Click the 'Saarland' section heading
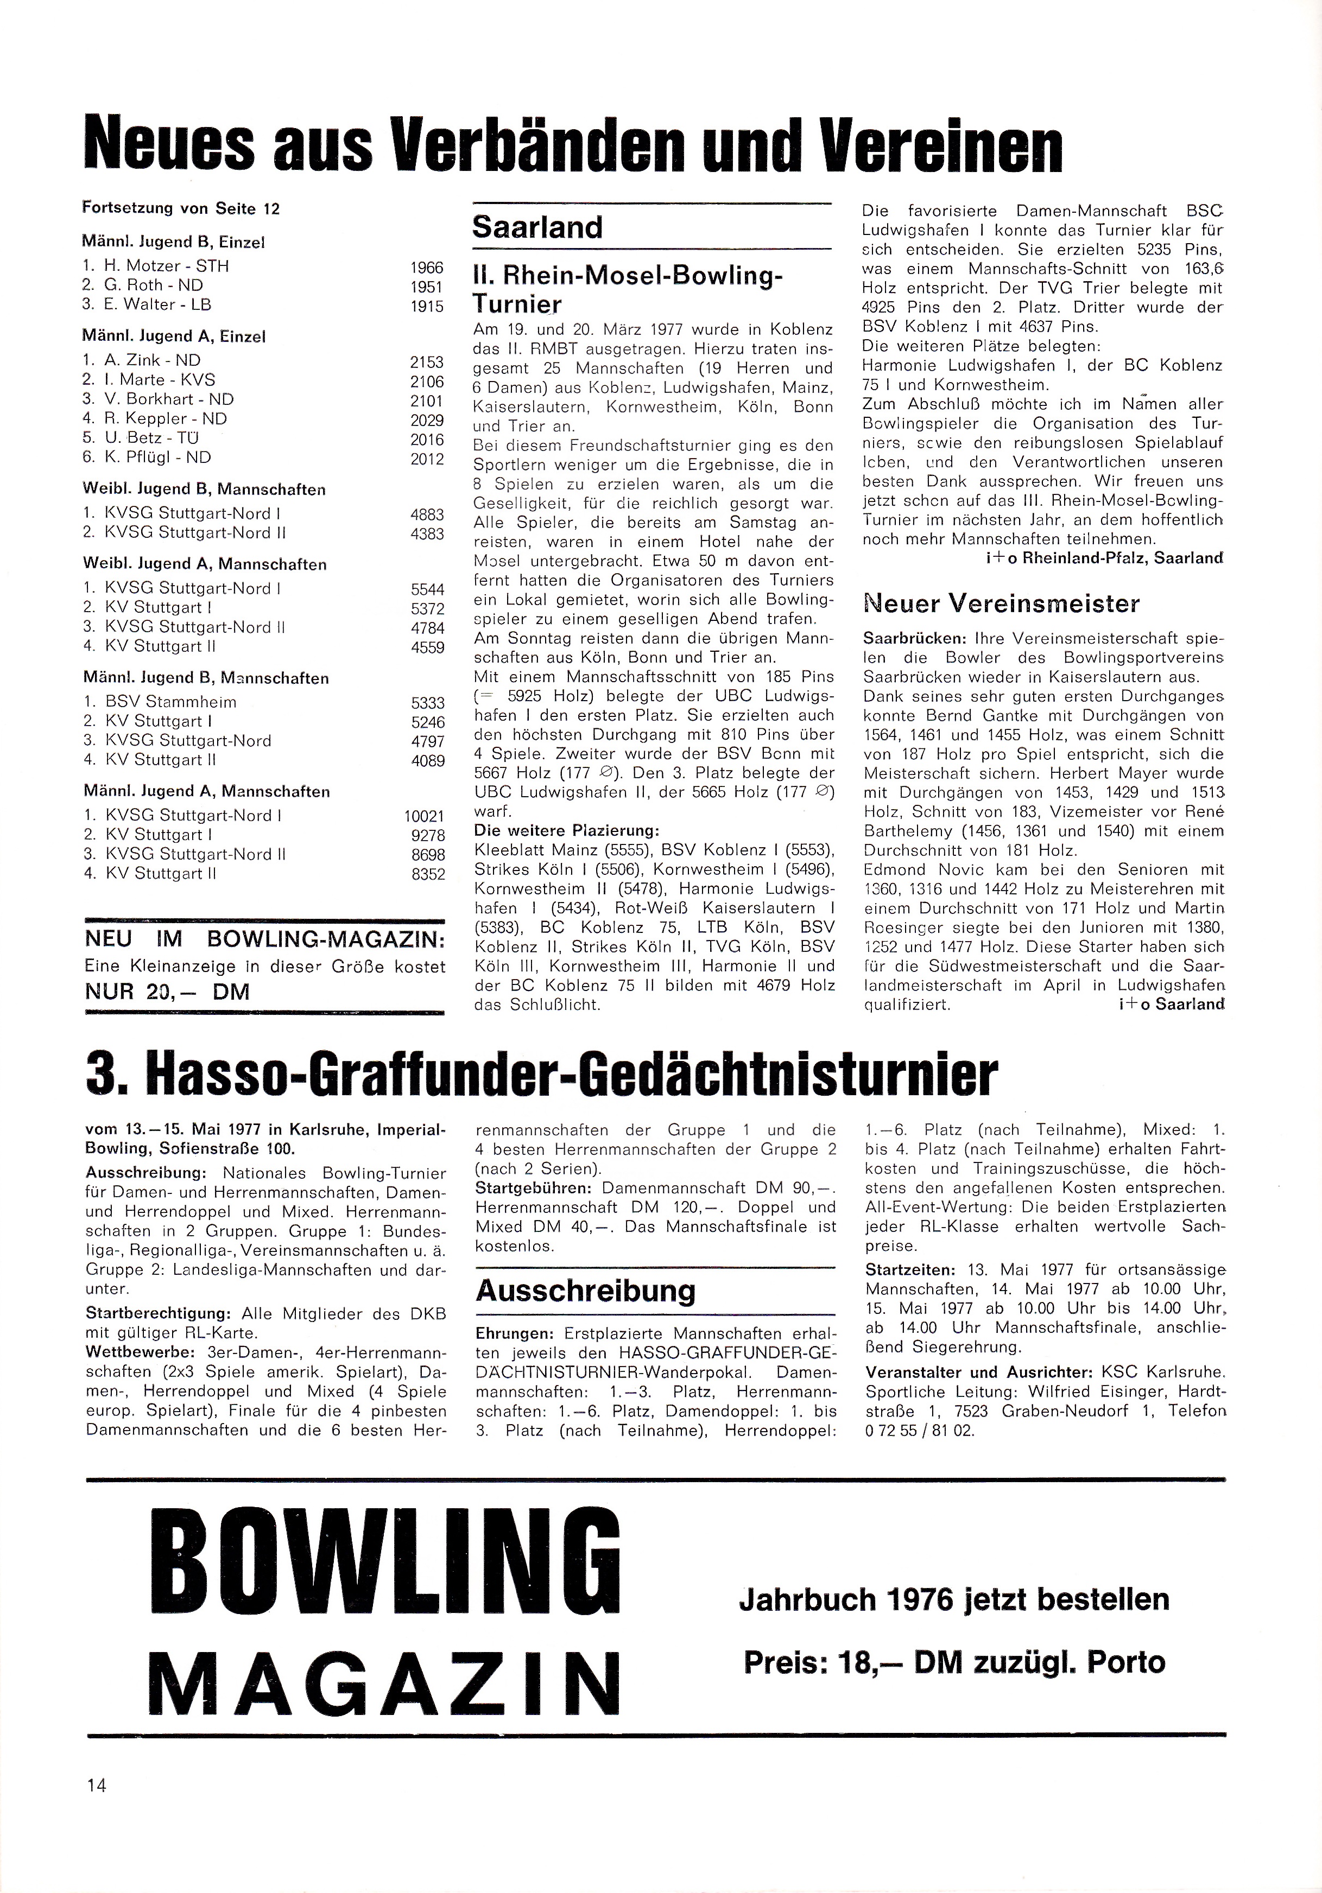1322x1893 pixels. point(537,227)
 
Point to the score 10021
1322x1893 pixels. point(424,816)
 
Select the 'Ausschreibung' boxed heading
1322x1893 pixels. point(586,1290)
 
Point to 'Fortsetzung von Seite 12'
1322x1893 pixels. point(181,208)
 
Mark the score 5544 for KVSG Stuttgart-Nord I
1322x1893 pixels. point(427,589)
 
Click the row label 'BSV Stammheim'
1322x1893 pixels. point(170,702)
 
